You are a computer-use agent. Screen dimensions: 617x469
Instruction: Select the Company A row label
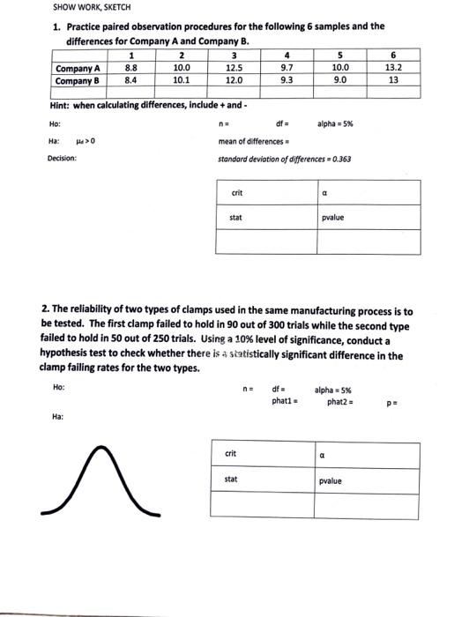click(x=78, y=67)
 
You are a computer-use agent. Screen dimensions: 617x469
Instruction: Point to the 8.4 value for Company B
click(x=130, y=78)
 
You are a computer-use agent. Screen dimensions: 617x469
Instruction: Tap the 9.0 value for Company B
click(x=340, y=78)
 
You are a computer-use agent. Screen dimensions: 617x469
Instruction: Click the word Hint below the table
click(x=62, y=106)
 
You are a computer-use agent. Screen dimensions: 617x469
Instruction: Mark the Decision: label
click(x=62, y=159)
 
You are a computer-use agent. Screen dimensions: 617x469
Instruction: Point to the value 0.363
click(x=340, y=160)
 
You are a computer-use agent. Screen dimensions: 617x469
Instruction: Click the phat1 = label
click(x=283, y=401)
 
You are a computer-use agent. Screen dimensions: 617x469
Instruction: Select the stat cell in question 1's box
click(x=236, y=216)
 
